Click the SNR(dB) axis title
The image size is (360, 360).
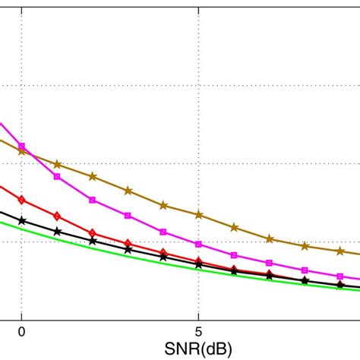click(x=198, y=348)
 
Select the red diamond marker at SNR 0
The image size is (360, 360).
click(x=22, y=200)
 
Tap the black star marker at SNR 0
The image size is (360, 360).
click(x=22, y=220)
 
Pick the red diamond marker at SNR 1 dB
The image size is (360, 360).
click(x=57, y=216)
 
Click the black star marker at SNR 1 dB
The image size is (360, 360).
click(x=57, y=230)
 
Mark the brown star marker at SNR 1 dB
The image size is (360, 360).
click(x=57, y=164)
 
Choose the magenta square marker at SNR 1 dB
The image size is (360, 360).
click(x=57, y=176)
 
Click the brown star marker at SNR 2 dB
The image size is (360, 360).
click(x=93, y=176)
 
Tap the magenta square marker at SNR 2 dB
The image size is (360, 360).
click(x=93, y=200)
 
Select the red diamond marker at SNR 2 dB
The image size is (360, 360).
click(x=93, y=233)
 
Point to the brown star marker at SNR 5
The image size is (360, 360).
click(x=198, y=215)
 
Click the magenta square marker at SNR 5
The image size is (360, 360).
click(x=198, y=244)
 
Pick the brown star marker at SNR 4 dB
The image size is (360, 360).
click(x=163, y=205)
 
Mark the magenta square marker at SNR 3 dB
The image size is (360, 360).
click(x=128, y=216)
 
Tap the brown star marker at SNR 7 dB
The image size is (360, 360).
click(x=269, y=238)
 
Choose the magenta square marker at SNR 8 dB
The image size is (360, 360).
click(x=305, y=270)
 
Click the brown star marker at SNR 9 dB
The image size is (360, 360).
click(x=339, y=251)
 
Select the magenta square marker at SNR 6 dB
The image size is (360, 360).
click(x=234, y=255)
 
